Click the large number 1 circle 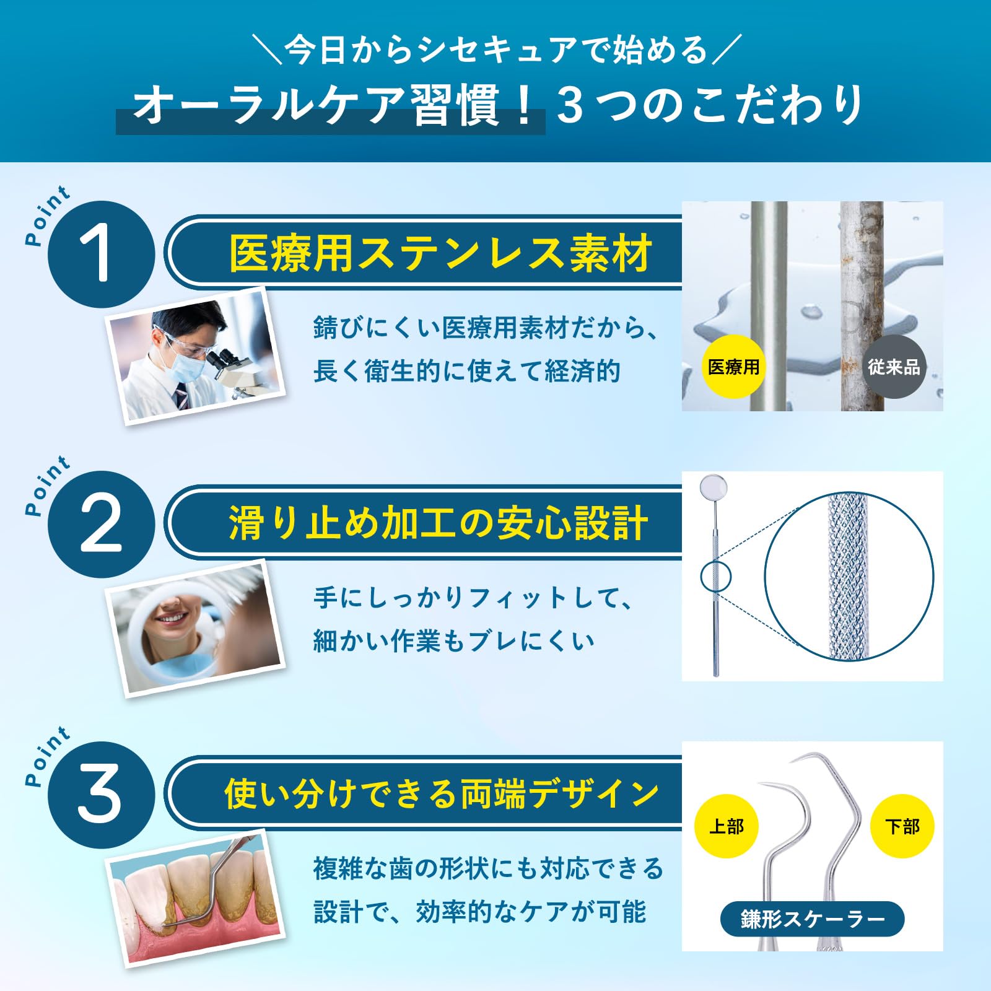click(100, 254)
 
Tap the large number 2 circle click(100, 524)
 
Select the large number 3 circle click(100, 795)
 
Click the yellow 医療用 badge click(734, 367)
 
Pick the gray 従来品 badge click(894, 367)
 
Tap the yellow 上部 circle click(727, 826)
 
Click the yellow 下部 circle click(902, 826)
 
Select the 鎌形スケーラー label click(812, 919)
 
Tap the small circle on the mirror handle click(715, 576)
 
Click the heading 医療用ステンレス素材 click(440, 253)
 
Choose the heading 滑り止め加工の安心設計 click(439, 523)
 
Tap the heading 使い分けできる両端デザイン click(441, 793)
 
